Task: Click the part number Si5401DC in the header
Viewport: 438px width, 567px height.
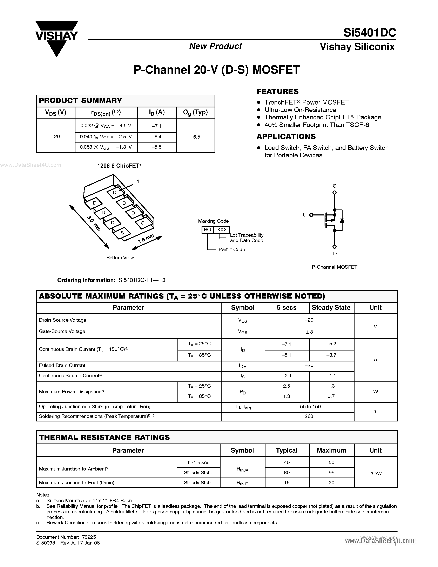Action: pos(370,33)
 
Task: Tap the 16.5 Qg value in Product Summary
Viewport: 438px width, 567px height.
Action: pos(195,137)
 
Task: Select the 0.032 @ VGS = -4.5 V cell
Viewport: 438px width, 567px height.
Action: pos(106,126)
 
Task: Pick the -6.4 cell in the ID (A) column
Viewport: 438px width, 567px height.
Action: pos(157,137)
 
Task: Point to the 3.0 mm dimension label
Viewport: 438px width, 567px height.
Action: pos(93,223)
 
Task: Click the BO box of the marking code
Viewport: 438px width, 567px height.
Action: pos(208,230)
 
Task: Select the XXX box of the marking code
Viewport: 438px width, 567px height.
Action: pos(222,230)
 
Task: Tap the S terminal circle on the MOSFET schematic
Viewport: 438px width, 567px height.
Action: pos(335,192)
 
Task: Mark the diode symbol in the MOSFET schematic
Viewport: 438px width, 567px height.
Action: pos(342,220)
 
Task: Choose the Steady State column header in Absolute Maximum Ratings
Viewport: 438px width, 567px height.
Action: pos(331,308)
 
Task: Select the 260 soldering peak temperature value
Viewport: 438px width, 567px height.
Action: pos(309,416)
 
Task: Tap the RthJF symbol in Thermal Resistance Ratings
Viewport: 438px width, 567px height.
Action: pos(242,483)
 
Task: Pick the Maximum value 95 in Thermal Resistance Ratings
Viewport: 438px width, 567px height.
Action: pos(331,473)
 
